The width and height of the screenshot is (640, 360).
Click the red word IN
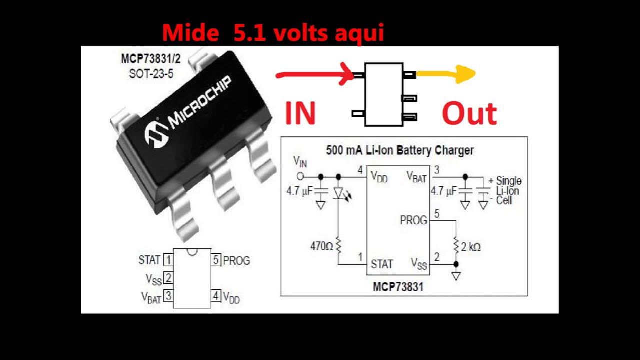pos(301,113)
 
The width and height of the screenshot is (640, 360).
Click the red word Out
pos(469,114)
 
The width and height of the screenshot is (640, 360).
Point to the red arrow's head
pos(347,75)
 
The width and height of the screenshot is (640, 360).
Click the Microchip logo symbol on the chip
pos(156,134)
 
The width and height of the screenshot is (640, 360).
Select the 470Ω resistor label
pos(322,246)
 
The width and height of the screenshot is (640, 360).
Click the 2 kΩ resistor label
pos(470,246)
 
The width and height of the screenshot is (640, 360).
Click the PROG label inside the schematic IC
pos(413,220)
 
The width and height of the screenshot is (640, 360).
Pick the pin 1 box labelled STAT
pos(168,260)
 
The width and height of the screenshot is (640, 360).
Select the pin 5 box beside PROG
pos(216,260)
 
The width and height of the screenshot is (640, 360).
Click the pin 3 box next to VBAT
pos(168,296)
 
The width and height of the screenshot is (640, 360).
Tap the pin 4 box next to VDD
pos(216,296)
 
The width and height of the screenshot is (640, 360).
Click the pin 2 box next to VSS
pos(168,278)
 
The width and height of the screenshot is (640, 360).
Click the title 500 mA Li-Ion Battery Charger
pos(400,150)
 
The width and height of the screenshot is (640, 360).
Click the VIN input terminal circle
pos(300,176)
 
